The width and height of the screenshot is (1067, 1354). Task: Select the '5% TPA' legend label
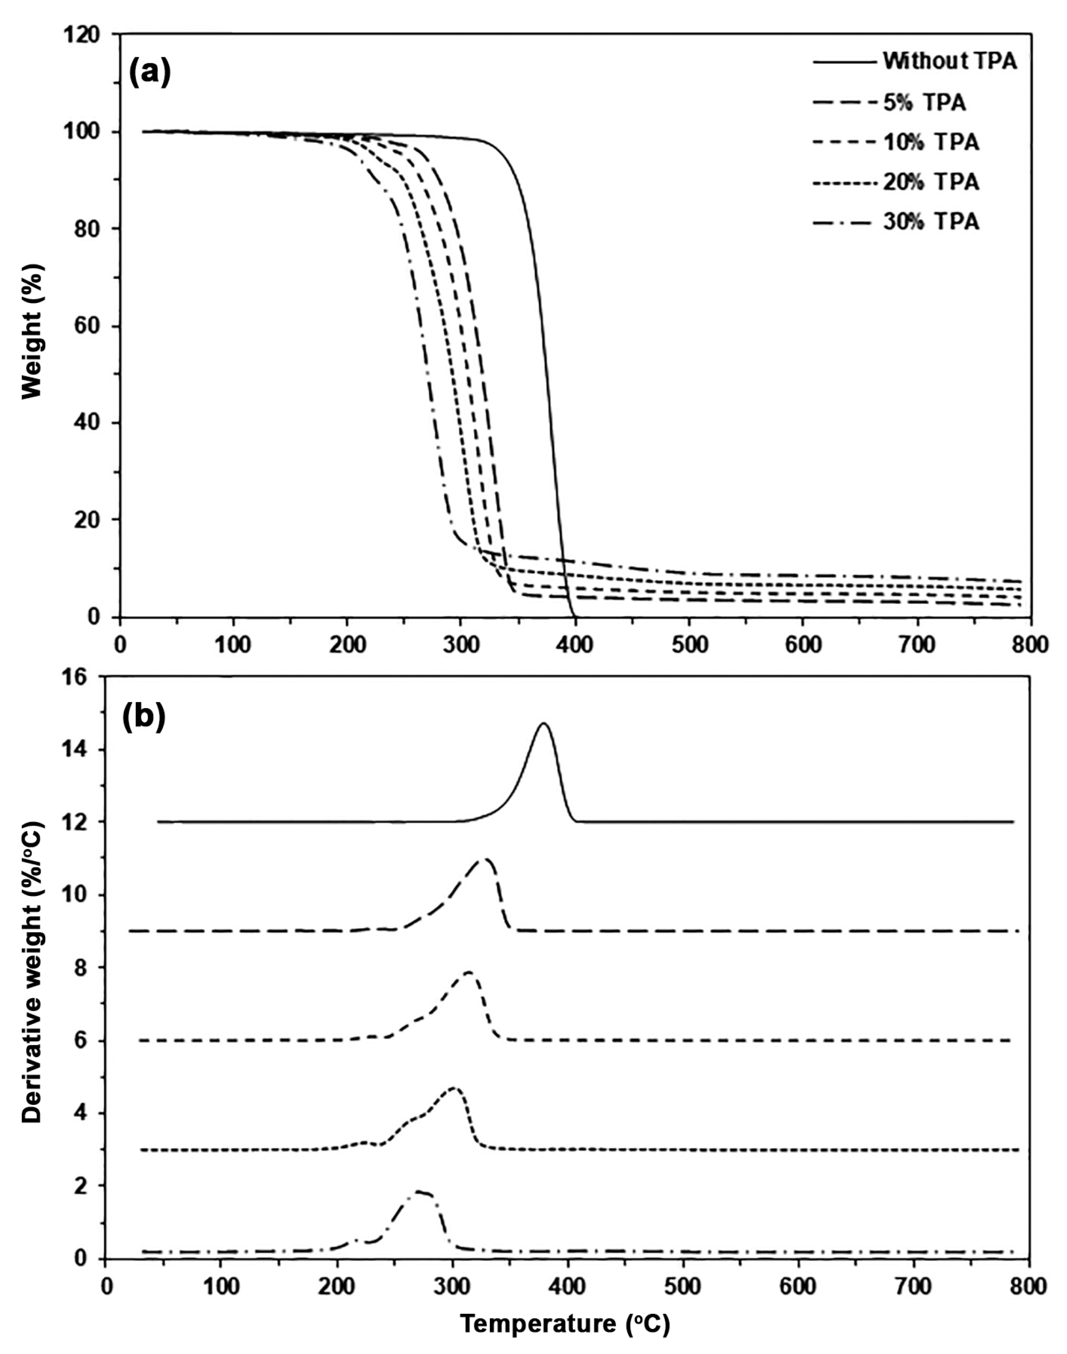click(924, 103)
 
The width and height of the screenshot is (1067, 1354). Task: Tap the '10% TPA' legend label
click(931, 142)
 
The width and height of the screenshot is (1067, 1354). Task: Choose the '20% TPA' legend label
click(931, 182)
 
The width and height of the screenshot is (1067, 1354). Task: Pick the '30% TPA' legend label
click(931, 222)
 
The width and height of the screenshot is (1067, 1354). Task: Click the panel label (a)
click(149, 73)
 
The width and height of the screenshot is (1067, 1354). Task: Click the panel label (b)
click(144, 719)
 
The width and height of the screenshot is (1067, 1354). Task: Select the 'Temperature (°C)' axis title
click(565, 1323)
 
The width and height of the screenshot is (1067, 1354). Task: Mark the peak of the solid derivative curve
click(544, 723)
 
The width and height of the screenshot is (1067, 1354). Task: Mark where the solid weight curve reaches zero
click(573, 616)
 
